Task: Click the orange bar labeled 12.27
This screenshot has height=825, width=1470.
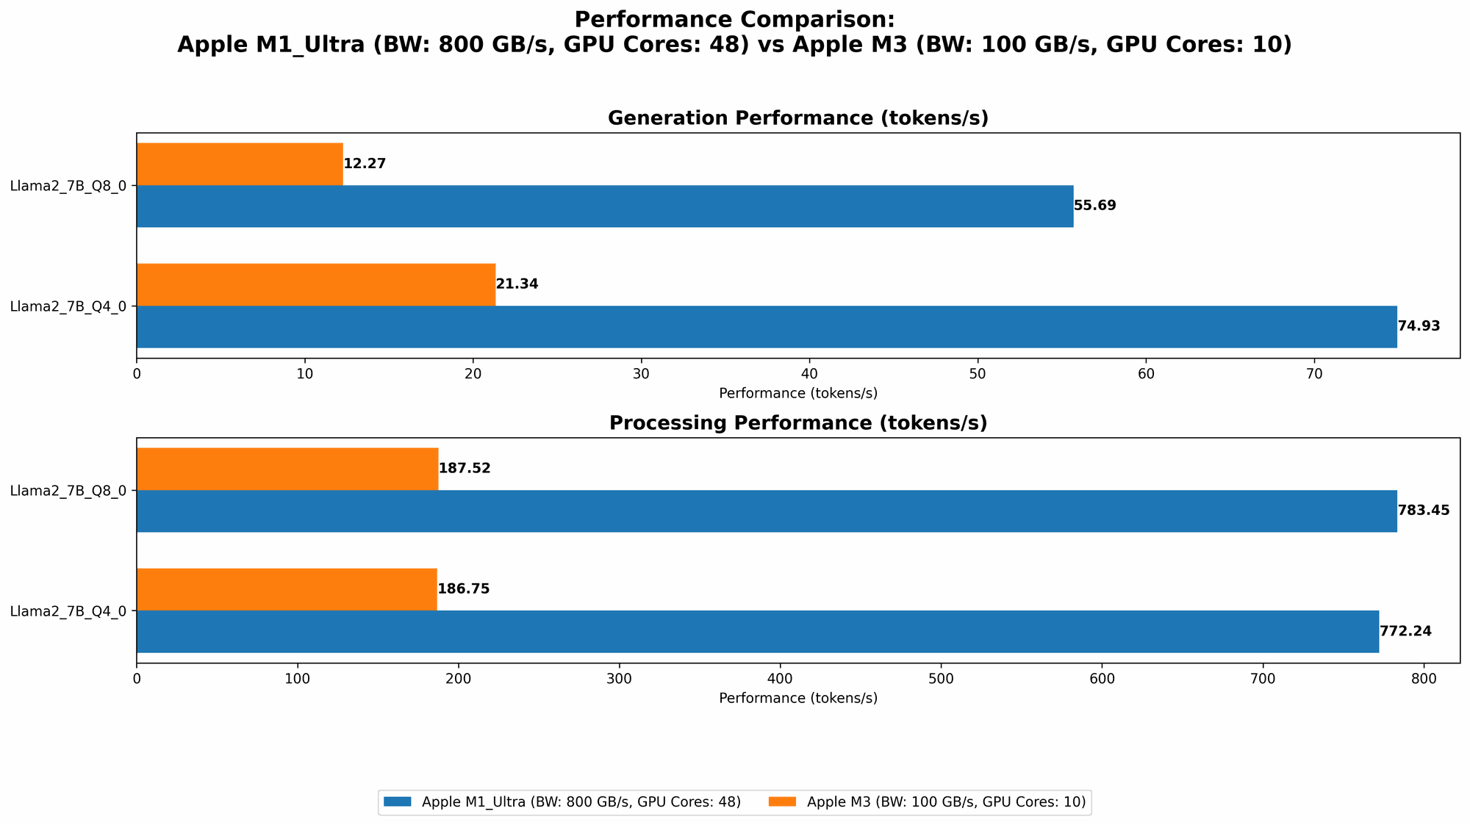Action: tap(240, 164)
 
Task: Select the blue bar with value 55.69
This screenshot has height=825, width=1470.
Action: tap(604, 206)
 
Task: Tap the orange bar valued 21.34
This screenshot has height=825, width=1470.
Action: tap(316, 284)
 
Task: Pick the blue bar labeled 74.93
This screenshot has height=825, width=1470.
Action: tap(766, 326)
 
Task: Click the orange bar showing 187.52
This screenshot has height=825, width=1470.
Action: tap(287, 469)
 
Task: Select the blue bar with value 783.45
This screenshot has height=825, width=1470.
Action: tap(766, 511)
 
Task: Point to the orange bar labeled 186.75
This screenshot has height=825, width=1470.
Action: tap(287, 589)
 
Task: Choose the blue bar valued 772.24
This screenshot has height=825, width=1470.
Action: tap(757, 631)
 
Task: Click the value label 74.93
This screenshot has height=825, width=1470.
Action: tap(1419, 326)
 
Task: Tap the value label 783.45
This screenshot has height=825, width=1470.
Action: tap(1423, 511)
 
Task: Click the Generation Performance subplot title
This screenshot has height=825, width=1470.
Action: tap(797, 118)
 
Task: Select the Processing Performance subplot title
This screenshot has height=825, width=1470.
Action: tap(797, 423)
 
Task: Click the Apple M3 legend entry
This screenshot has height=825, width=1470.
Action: tap(931, 802)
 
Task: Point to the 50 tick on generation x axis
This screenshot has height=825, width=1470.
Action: tap(978, 374)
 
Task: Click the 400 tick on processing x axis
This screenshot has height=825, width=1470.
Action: tap(780, 679)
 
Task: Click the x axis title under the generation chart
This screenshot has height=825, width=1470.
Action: tap(797, 393)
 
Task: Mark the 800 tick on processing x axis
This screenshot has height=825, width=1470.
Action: tap(1424, 679)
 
